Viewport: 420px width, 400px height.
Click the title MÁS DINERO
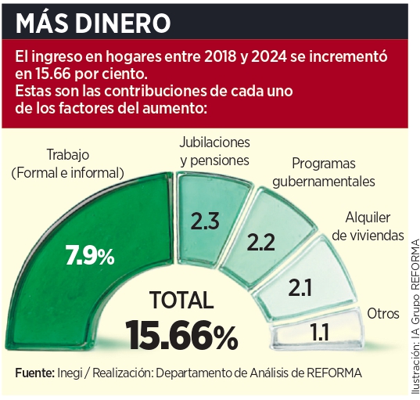click(x=93, y=20)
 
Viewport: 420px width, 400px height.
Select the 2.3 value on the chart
click(x=204, y=221)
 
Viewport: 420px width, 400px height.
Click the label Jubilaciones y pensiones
click(x=214, y=151)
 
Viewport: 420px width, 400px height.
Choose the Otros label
click(x=383, y=313)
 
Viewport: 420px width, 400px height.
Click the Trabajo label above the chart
click(x=69, y=154)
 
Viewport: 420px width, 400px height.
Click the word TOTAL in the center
click(x=181, y=301)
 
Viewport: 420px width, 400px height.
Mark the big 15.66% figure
click(x=182, y=336)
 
